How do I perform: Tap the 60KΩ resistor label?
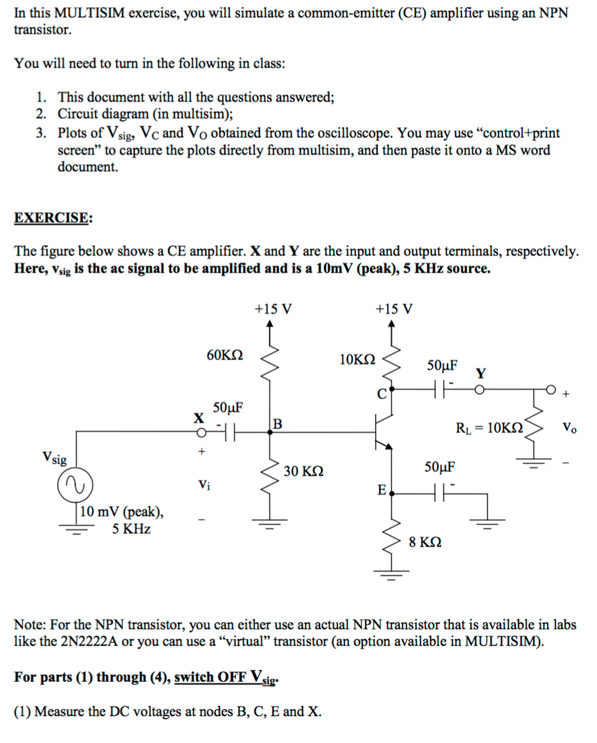pos(225,355)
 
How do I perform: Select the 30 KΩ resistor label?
pos(303,471)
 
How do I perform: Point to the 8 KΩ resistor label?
pos(425,542)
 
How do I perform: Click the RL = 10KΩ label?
pos(489,428)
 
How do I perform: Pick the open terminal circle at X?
pos(201,433)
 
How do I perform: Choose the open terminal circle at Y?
pos(480,390)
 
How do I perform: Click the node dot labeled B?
pos(270,432)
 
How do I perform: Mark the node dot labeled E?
pos(392,494)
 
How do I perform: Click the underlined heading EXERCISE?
pos(51,218)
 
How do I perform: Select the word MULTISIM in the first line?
pos(89,13)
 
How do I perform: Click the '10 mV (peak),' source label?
pos(122,512)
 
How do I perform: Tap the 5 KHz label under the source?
pos(131,529)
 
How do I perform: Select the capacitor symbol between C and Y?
pos(440,390)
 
